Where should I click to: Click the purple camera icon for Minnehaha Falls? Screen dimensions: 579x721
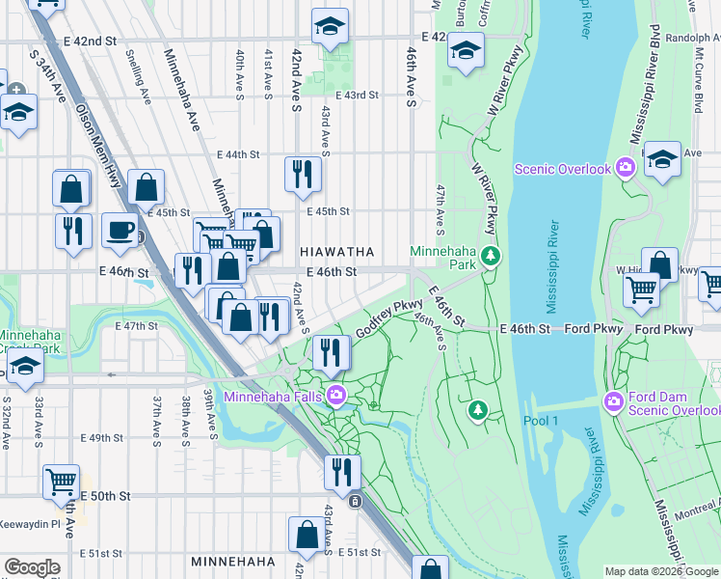pyautogui.click(x=336, y=394)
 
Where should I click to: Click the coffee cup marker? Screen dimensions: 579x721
pyautogui.click(x=120, y=230)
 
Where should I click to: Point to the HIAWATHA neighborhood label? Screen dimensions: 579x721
pyautogui.click(x=336, y=252)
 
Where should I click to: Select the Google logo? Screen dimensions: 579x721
pyautogui.click(x=32, y=567)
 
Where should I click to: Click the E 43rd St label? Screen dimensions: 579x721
pyautogui.click(x=358, y=96)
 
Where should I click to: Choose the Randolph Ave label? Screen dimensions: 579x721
pyautogui.click(x=694, y=39)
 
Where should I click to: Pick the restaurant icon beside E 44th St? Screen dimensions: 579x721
pyautogui.click(x=303, y=173)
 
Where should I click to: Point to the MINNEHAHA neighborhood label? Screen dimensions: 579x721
pyautogui.click(x=235, y=561)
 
